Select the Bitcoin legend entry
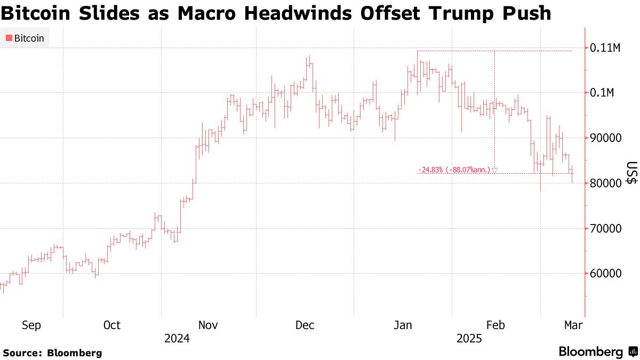25,38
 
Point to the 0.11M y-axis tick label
605,48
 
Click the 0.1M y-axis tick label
602,93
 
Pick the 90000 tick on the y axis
605,138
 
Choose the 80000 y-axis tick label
605,183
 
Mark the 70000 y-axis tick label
605,229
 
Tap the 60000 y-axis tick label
605,274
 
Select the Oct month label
111,325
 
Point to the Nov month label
208,325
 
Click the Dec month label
305,325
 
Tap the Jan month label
402,325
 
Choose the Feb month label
495,325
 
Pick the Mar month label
573,325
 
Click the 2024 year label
177,339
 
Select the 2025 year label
469,339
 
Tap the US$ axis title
631,173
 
